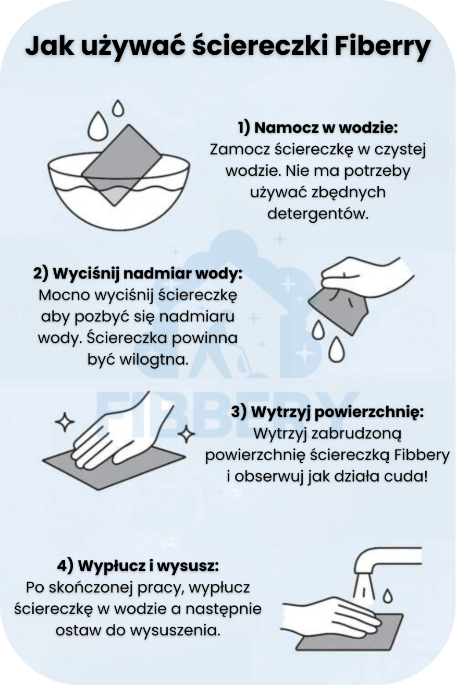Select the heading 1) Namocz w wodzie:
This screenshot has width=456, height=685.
(318, 128)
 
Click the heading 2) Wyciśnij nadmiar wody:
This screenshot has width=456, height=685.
(138, 274)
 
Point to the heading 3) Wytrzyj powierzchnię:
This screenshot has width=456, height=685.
(327, 413)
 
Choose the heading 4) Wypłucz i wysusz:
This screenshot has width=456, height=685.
(138, 566)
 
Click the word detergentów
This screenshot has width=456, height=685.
(318, 213)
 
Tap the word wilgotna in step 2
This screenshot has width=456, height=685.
(153, 359)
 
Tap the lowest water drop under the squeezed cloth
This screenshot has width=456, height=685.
(337, 349)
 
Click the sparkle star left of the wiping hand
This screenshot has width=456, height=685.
(65, 422)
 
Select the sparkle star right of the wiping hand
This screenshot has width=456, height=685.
(186, 434)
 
